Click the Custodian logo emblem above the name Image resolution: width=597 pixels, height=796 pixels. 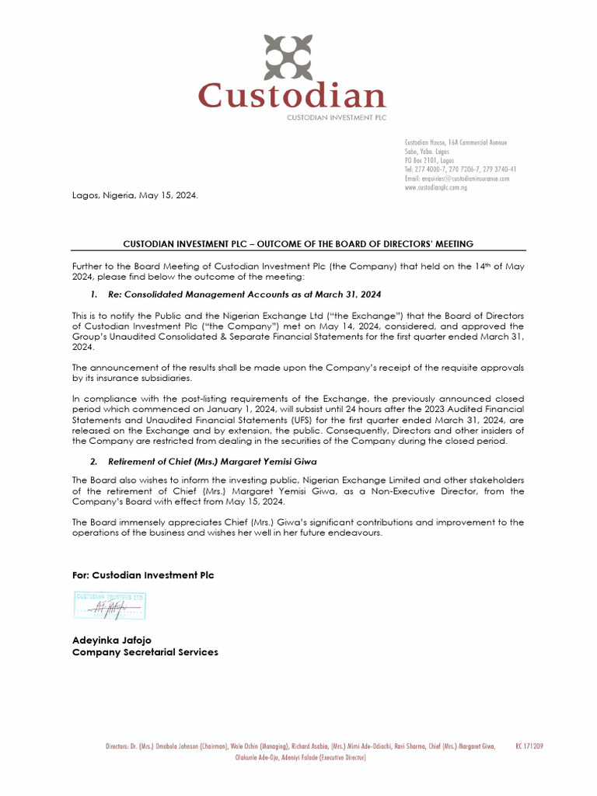[x=288, y=58]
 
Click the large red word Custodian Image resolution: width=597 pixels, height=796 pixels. [x=292, y=97]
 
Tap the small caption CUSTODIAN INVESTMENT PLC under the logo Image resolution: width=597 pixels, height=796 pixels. [x=337, y=117]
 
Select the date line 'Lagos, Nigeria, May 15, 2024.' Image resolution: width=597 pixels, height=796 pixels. [x=135, y=196]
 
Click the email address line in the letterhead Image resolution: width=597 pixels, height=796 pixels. [x=457, y=179]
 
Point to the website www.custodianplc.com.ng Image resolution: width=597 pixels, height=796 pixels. [x=435, y=188]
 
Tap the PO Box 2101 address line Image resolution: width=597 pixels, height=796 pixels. [x=429, y=160]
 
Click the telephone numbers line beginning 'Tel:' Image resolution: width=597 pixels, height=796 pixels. [x=460, y=169]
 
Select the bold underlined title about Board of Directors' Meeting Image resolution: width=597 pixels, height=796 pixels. [x=298, y=244]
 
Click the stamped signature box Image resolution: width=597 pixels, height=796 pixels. [x=110, y=605]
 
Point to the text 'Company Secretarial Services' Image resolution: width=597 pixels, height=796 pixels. [x=145, y=652]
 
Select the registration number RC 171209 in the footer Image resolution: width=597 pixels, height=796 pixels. [x=529, y=746]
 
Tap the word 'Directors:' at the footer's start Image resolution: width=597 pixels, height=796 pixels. [x=121, y=746]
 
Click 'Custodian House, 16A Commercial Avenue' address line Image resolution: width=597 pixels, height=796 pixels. [x=456, y=142]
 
